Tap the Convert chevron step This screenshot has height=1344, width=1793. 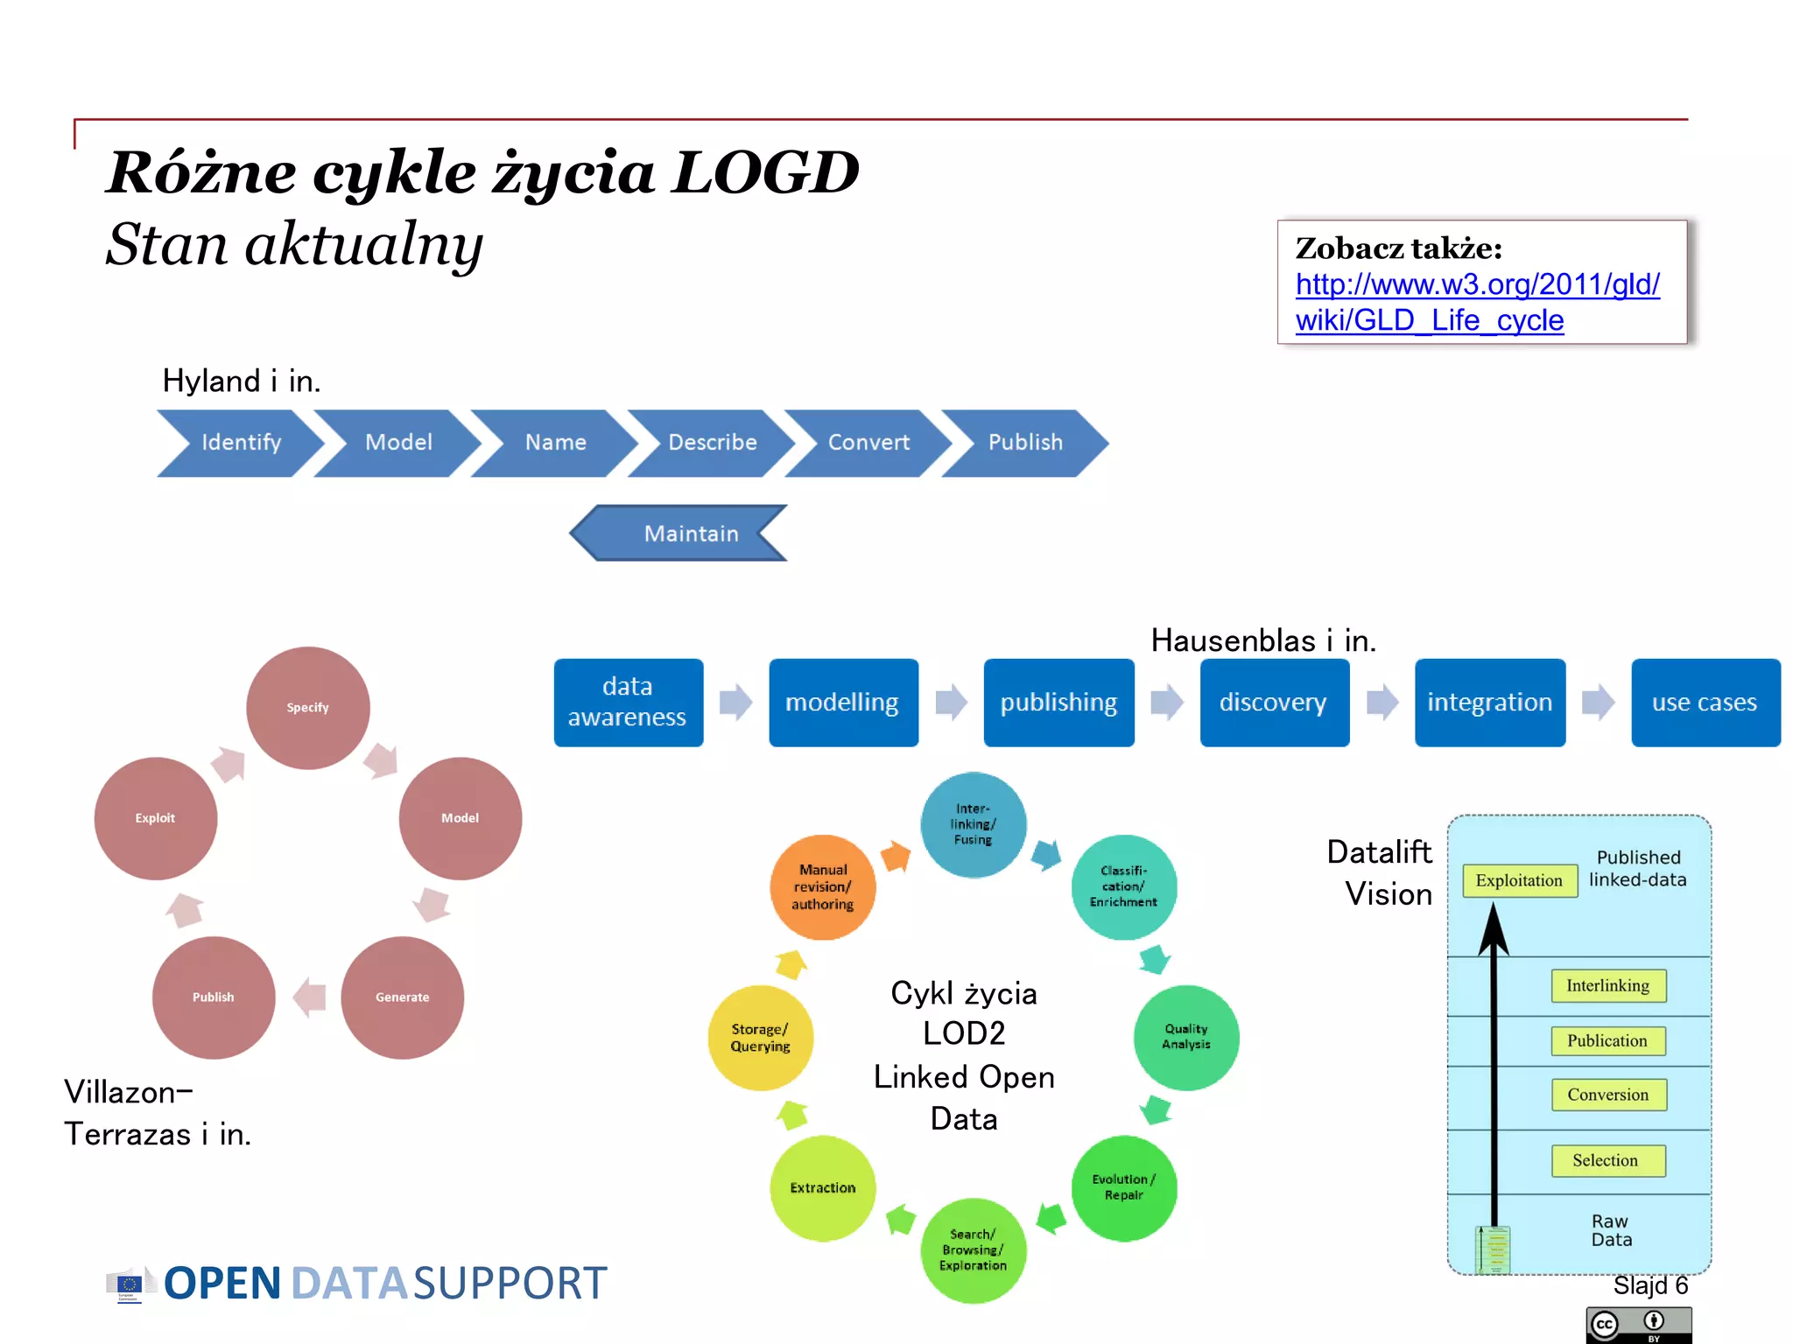coord(868,443)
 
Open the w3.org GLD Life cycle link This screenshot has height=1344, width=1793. coord(1476,302)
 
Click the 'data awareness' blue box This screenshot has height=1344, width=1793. coord(628,702)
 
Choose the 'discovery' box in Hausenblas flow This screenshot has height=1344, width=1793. coord(1273,702)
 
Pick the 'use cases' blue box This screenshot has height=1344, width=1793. coord(1705,702)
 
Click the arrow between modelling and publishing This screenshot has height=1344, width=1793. coord(951,702)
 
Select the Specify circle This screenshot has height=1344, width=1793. coord(307,707)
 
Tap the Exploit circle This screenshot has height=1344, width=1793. coord(155,817)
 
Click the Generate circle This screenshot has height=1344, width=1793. coord(402,997)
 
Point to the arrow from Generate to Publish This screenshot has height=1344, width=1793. coord(309,997)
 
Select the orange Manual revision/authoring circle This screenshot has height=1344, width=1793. coord(822,886)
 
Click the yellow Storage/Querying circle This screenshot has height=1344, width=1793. coord(760,1038)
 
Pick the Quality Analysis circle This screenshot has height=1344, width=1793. coord(1185,1037)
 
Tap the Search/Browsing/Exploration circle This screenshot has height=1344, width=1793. coord(973,1249)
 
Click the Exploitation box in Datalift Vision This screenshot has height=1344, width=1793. coord(1519,880)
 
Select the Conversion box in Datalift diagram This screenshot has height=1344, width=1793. coord(1607,1095)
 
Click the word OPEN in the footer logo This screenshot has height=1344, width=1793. coord(222,1284)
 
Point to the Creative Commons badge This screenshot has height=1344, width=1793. coord(1637,1325)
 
